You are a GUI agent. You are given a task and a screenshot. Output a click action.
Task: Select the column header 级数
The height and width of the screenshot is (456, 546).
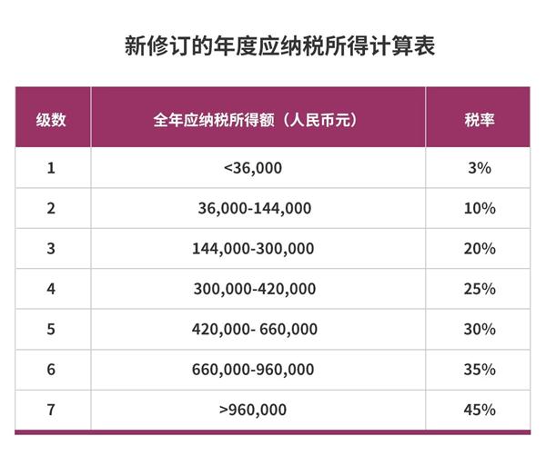tap(51, 120)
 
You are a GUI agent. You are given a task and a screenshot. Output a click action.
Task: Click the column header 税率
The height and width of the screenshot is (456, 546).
tap(479, 120)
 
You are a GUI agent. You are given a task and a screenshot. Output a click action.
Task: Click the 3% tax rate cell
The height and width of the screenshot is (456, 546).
tap(479, 168)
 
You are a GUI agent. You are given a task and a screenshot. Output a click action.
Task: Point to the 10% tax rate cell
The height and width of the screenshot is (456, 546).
tap(479, 208)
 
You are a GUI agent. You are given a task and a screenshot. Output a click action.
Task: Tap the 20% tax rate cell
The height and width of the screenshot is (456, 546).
tap(479, 249)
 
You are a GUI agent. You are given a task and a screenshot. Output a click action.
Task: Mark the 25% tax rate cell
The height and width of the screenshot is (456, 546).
tap(479, 289)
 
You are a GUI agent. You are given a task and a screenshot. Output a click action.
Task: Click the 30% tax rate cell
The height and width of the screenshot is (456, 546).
tap(479, 329)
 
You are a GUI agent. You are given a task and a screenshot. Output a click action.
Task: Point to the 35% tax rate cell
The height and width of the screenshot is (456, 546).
tap(479, 369)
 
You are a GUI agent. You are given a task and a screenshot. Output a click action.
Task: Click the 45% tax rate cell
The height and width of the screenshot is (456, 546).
tap(479, 409)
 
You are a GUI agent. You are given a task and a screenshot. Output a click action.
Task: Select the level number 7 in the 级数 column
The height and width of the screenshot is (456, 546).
tap(51, 409)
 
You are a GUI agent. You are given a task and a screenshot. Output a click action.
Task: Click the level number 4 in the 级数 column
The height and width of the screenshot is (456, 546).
tap(51, 289)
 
